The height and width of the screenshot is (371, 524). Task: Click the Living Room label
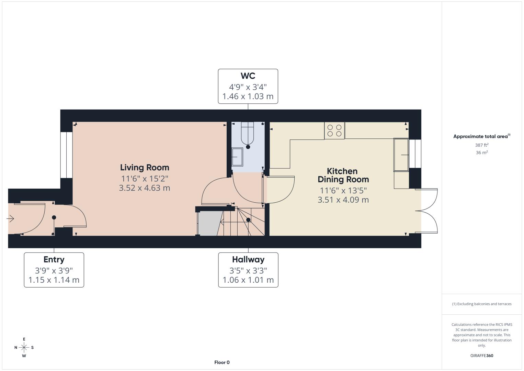point(145,168)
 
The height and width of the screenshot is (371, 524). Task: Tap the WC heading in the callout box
point(248,76)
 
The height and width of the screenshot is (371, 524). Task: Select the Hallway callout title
point(248,260)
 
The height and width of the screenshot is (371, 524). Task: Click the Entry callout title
point(54,260)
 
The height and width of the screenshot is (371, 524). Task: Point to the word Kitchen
point(342,171)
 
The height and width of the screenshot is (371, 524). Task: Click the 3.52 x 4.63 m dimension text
point(145,188)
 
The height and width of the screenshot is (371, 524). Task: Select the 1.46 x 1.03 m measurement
point(248,97)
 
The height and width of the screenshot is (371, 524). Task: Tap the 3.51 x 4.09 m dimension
point(343,200)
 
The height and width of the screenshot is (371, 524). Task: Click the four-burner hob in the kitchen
point(334,131)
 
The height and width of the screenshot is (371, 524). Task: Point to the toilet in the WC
point(248,133)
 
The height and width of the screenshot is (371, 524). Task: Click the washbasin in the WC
point(237,157)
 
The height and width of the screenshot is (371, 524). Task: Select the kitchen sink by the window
point(401,155)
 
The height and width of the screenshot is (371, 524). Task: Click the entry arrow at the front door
point(10,218)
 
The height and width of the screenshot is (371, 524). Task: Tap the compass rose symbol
point(24,348)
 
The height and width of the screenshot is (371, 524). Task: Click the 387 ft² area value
point(482,145)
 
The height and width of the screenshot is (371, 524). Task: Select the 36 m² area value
point(482,153)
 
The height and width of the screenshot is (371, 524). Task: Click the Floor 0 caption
point(222,362)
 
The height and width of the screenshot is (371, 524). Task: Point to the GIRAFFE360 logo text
point(482,356)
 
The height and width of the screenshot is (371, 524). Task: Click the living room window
point(66,155)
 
